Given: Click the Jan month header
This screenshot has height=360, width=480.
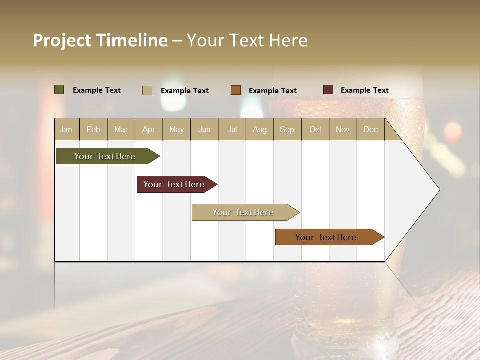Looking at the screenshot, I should [66, 129].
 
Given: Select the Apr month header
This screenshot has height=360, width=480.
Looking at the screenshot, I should [149, 129].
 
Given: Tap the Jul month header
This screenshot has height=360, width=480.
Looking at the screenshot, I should [232, 129].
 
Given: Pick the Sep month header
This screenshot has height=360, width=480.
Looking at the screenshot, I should [287, 129].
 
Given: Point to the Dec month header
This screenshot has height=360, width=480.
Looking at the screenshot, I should [370, 129].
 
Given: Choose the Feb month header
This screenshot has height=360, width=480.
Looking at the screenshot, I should [93, 129].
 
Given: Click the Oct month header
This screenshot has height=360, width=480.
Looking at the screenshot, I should [315, 129].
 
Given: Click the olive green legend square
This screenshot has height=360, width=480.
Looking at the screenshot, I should [59, 90].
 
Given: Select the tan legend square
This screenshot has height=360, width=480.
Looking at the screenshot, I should [147, 90].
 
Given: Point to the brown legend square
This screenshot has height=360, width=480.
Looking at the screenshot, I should [236, 90].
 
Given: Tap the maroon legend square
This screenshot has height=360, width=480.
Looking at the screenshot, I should [328, 90].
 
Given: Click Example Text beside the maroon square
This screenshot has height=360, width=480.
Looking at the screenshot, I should [364, 90].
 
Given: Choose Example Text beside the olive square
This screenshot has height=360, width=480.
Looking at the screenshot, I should [97, 90].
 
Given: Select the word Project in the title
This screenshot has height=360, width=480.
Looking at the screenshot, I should [62, 40].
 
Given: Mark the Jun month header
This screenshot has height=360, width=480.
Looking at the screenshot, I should [204, 129].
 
